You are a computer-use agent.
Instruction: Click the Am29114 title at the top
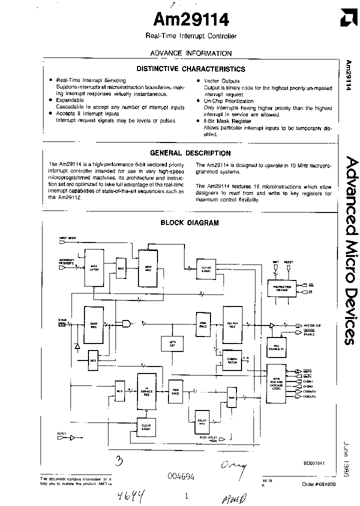point(190,19)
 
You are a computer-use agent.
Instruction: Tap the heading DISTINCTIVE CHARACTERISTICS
point(191,69)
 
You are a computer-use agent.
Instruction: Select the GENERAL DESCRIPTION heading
point(190,153)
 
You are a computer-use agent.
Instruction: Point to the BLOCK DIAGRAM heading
point(189,223)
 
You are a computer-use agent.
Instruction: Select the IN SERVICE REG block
point(146,393)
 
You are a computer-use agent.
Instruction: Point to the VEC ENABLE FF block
point(275,348)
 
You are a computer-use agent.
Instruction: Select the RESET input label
point(289,261)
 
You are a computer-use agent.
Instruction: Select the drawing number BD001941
point(314,463)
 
